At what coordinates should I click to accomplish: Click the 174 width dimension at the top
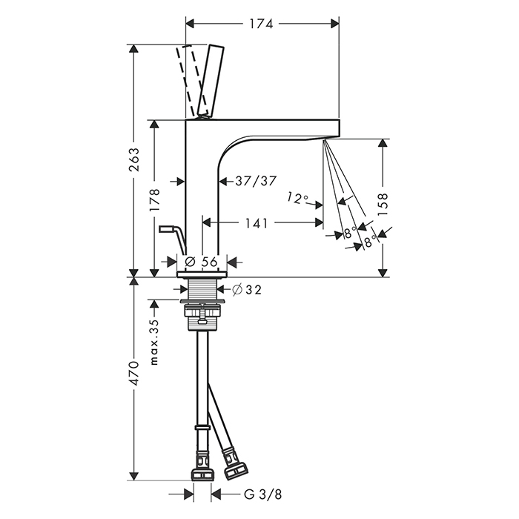(261, 24)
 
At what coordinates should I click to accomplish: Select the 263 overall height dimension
(133, 160)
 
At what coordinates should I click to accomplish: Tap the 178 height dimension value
(154, 200)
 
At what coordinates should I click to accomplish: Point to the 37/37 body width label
(256, 181)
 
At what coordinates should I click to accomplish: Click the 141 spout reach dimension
(257, 222)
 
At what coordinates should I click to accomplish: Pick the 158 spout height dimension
(383, 204)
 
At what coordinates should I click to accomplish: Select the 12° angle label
(297, 198)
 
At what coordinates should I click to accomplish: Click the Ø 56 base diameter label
(201, 262)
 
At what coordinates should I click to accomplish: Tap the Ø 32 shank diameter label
(247, 290)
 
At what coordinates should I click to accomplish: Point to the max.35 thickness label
(154, 343)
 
